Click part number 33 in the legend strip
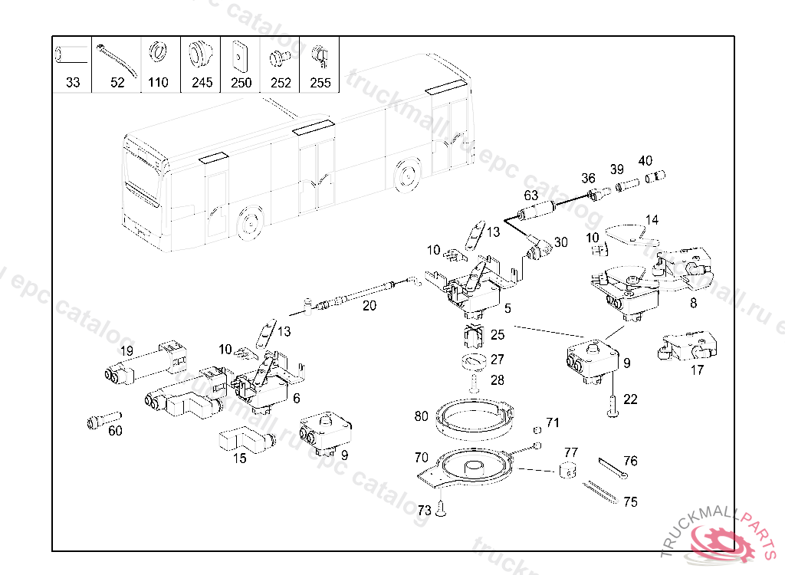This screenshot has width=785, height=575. [73, 83]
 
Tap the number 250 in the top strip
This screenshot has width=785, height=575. [241, 83]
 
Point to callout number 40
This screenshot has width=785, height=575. [645, 161]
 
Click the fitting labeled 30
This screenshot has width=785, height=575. [541, 248]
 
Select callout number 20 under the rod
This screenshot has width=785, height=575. [370, 305]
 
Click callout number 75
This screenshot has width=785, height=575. [630, 503]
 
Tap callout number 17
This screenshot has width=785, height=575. [697, 370]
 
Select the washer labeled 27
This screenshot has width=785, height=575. [476, 360]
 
